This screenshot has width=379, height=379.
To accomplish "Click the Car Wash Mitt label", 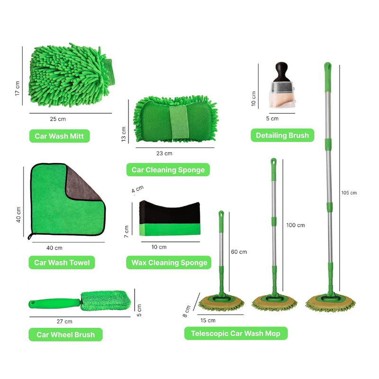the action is click(x=60, y=136).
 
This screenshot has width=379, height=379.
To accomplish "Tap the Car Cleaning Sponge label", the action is click(x=168, y=170).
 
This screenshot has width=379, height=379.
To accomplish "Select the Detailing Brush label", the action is click(x=282, y=135).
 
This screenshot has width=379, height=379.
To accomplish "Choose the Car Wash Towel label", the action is click(x=62, y=262).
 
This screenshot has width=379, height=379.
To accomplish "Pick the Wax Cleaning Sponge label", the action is click(x=169, y=262).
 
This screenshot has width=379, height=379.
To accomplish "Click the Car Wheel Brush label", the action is click(x=65, y=334).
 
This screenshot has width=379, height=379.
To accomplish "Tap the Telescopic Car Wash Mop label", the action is click(x=235, y=334).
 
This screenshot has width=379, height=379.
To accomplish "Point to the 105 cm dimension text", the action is click(x=349, y=193).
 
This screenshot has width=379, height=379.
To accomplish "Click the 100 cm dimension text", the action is click(x=295, y=225).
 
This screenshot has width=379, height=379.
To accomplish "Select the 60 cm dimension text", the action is click(x=239, y=252).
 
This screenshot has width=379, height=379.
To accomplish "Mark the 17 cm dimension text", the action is click(x=17, y=89).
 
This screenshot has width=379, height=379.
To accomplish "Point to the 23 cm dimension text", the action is click(x=164, y=153).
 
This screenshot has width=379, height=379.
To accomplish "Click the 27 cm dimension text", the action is click(x=64, y=322).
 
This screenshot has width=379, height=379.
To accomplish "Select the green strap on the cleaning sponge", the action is click(x=179, y=123).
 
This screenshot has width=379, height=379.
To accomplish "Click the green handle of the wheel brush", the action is click(x=54, y=304).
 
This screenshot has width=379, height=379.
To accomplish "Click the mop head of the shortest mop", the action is click(x=221, y=303).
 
